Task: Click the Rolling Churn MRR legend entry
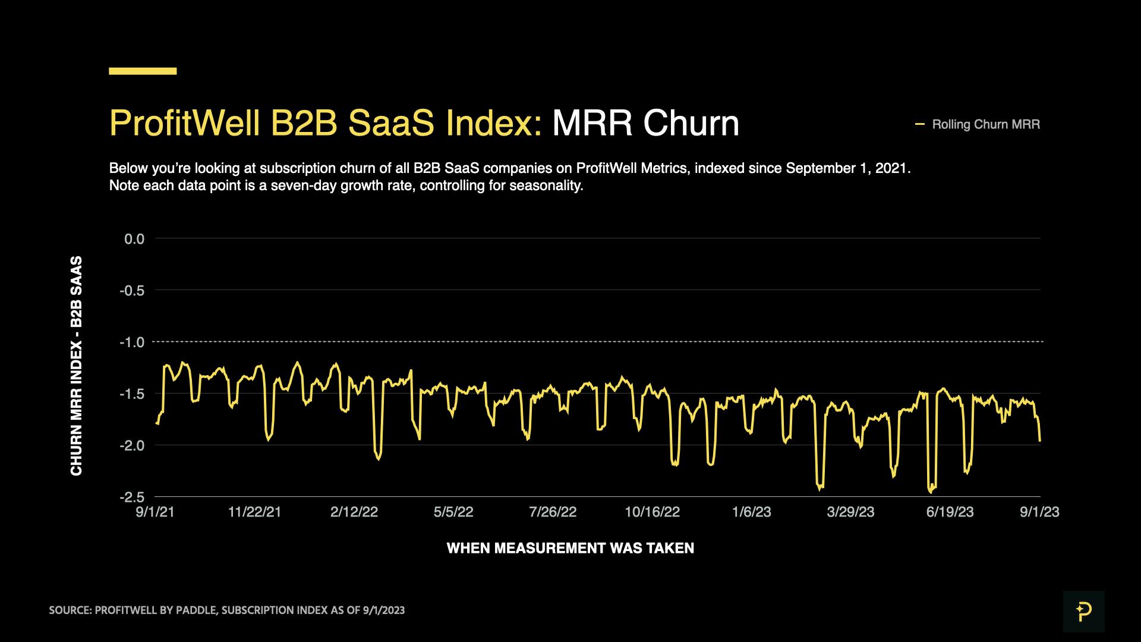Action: click(x=985, y=125)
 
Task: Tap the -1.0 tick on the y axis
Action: click(x=132, y=342)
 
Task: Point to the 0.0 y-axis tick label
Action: click(x=134, y=239)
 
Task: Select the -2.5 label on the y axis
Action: click(x=132, y=497)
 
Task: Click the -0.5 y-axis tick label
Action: click(x=132, y=291)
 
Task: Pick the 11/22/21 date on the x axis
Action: click(x=254, y=512)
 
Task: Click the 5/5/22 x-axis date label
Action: click(x=453, y=512)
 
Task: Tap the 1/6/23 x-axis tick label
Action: click(x=751, y=512)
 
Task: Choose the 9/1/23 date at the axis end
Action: click(x=1039, y=512)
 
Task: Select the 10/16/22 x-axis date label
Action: click(x=652, y=512)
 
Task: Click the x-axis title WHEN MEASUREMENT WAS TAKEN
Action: click(x=570, y=548)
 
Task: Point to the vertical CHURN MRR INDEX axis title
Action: click(x=76, y=366)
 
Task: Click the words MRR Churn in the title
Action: click(x=645, y=124)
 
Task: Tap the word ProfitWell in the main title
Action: click(x=184, y=124)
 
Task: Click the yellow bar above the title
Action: click(x=143, y=71)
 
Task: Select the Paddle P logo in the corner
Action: click(x=1083, y=612)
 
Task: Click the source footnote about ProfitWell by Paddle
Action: click(x=226, y=610)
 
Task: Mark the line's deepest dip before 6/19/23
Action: click(x=931, y=491)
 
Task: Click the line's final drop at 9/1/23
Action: click(x=1039, y=439)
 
